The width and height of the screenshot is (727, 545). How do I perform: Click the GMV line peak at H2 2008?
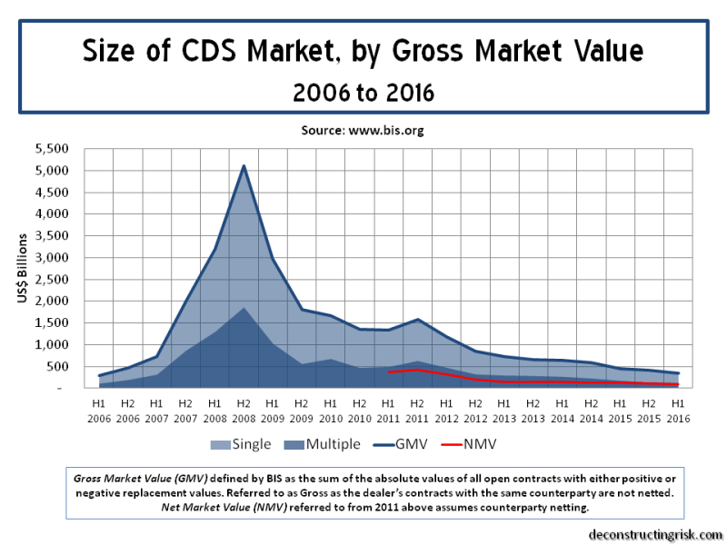(x=244, y=165)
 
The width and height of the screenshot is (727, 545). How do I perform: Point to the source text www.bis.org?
(x=363, y=130)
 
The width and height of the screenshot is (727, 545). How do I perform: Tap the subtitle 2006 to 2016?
(x=363, y=92)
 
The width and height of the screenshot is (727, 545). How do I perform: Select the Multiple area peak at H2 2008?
(x=244, y=308)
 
